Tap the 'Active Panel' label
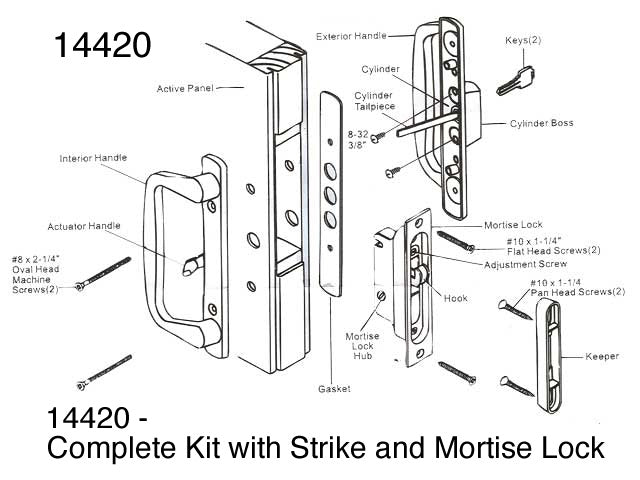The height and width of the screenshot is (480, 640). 186,89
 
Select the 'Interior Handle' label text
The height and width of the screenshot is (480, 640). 94,158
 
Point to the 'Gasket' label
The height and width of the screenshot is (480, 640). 334,388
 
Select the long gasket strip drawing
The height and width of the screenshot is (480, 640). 331,191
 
